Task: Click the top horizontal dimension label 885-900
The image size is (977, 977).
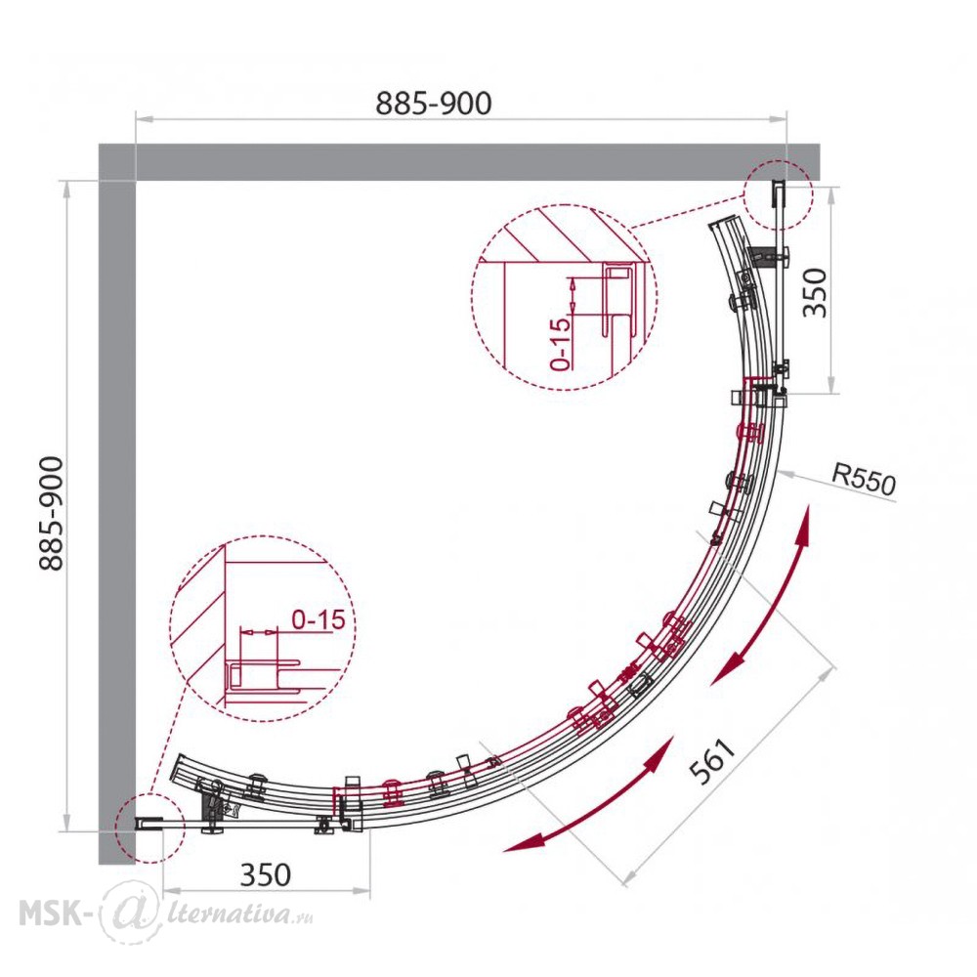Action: click(x=434, y=104)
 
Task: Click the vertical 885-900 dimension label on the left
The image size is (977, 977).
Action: click(x=51, y=514)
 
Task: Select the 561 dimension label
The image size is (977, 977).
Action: click(x=713, y=761)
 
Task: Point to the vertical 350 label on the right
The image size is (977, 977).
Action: click(x=815, y=292)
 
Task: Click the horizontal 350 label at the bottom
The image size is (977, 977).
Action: click(x=266, y=874)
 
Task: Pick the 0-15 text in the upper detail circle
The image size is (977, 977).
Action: click(x=561, y=344)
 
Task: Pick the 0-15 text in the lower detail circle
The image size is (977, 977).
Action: click(x=319, y=619)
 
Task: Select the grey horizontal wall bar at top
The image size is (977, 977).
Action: click(x=458, y=162)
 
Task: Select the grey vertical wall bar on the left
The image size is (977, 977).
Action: click(x=117, y=504)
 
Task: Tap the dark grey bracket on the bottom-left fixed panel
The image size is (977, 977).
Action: click(x=206, y=807)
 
